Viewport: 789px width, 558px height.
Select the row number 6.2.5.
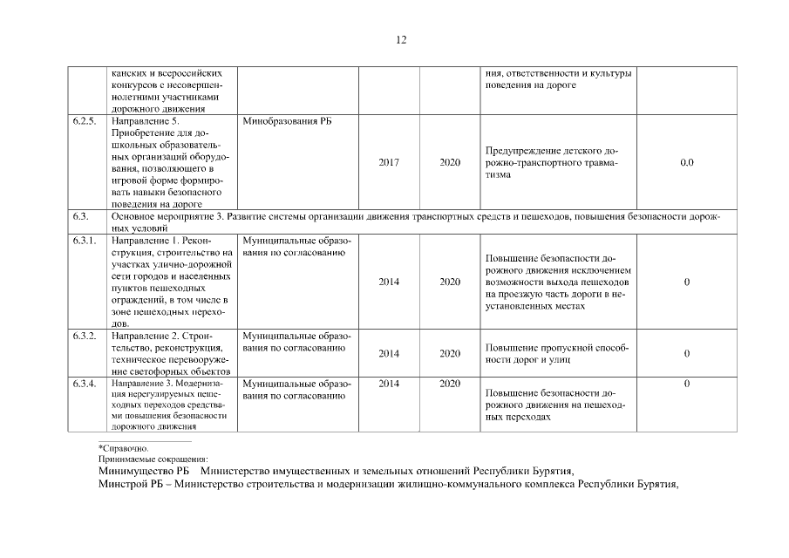pos(85,121)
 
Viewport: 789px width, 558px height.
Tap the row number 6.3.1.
pos(85,239)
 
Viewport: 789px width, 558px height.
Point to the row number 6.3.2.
pos(85,335)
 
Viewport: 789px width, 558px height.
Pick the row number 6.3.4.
pos(85,383)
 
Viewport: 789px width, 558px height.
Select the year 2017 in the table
pos(390,162)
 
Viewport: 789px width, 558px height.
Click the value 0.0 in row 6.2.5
pos(687,162)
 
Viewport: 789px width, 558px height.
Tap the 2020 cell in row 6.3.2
pos(450,353)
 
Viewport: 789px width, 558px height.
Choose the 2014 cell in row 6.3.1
pos(390,282)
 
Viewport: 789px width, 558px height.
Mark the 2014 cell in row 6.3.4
pos(390,383)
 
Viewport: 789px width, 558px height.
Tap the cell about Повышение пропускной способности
pos(557,353)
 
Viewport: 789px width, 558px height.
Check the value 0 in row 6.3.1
pos(687,282)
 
